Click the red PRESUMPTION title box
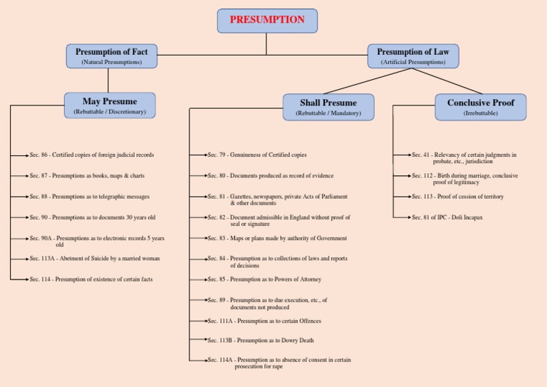point(267,20)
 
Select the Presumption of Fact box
point(111,56)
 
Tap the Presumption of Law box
point(413,56)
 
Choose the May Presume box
point(110,105)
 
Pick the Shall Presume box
point(328,106)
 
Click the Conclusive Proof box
point(481,106)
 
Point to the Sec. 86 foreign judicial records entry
point(91,155)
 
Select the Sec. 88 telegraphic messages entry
point(89,196)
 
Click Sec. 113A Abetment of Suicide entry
point(94,259)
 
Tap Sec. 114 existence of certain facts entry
point(90,279)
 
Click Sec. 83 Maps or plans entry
point(277,238)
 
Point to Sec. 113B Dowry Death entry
point(261,341)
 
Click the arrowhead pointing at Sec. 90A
point(26,238)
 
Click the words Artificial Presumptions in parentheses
point(413,63)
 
